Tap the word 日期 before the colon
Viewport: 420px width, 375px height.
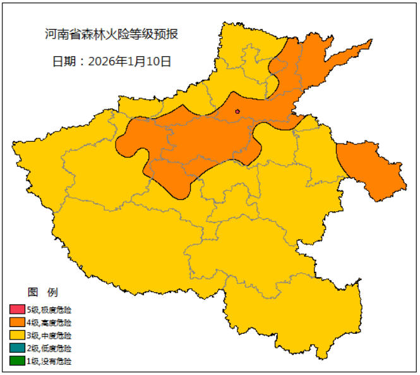coord(63,62)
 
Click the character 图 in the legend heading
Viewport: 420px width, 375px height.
coord(33,292)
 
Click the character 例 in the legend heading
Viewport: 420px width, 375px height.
coord(52,292)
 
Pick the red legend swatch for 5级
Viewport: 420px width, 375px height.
coord(16,310)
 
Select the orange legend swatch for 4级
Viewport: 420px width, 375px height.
coord(16,323)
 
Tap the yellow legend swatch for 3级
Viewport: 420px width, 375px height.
coord(16,336)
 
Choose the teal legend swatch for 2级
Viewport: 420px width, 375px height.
coord(16,348)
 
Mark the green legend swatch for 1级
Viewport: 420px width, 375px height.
coord(16,362)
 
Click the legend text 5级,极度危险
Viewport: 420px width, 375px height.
coord(49,310)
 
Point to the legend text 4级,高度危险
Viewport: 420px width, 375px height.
coord(49,323)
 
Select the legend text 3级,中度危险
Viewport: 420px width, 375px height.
coord(49,336)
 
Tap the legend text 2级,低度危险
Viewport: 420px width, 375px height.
coord(49,348)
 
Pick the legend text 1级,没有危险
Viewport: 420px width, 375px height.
coord(49,362)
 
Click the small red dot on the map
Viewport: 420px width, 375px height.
coord(237,112)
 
